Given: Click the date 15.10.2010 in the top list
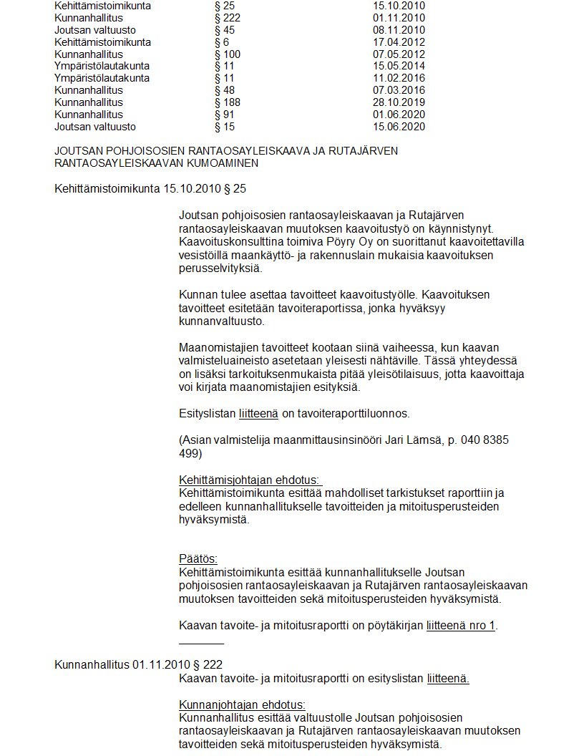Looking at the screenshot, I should click(x=399, y=6).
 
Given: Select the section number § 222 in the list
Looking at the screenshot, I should click(x=227, y=18).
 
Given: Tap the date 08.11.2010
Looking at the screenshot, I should click(x=399, y=30).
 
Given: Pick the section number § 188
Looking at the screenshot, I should click(x=227, y=102).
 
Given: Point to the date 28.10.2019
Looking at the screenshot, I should click(x=399, y=102).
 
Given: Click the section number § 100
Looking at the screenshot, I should click(x=227, y=54).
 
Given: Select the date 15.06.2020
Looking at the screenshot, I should click(x=399, y=127).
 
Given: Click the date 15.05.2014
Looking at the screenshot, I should click(x=399, y=67).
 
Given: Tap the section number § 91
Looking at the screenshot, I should click(x=224, y=115).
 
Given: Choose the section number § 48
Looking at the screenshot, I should click(x=224, y=90).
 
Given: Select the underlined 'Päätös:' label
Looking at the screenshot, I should click(x=198, y=559).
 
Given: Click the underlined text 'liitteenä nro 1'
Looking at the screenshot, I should click(x=461, y=625).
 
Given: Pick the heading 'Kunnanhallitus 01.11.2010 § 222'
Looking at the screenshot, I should click(x=133, y=665).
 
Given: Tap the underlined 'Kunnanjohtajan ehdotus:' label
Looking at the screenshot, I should click(x=242, y=704).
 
